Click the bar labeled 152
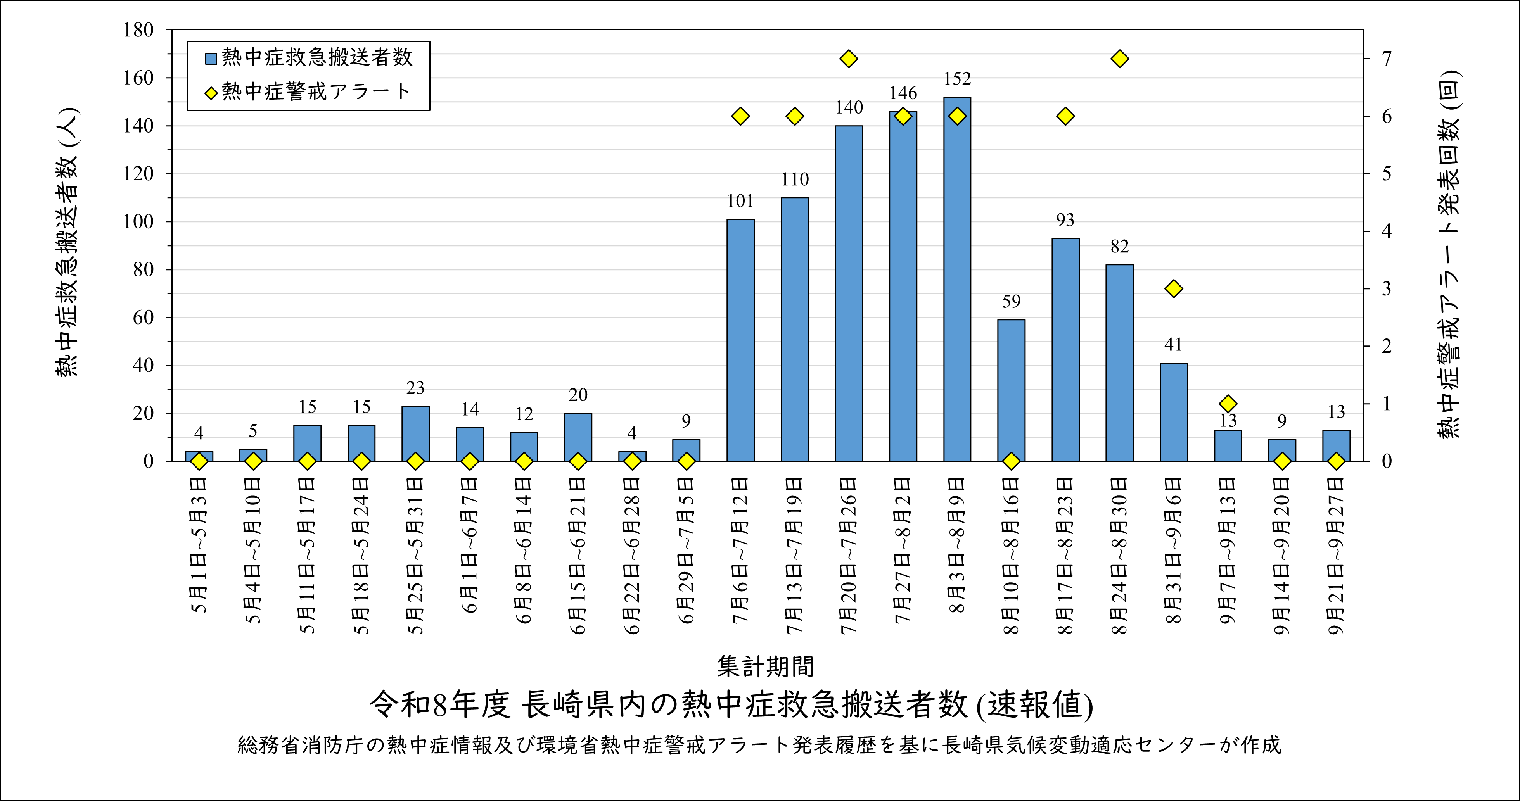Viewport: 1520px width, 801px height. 957,278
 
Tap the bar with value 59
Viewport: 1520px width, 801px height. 1012,390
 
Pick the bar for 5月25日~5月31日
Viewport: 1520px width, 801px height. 415,433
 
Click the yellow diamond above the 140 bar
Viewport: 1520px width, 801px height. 849,59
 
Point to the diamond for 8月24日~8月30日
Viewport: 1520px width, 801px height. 1119,59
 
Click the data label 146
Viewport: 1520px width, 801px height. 903,93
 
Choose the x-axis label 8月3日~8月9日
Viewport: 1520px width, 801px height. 957,546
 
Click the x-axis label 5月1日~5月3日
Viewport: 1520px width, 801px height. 199,546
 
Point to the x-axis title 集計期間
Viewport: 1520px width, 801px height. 765,666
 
